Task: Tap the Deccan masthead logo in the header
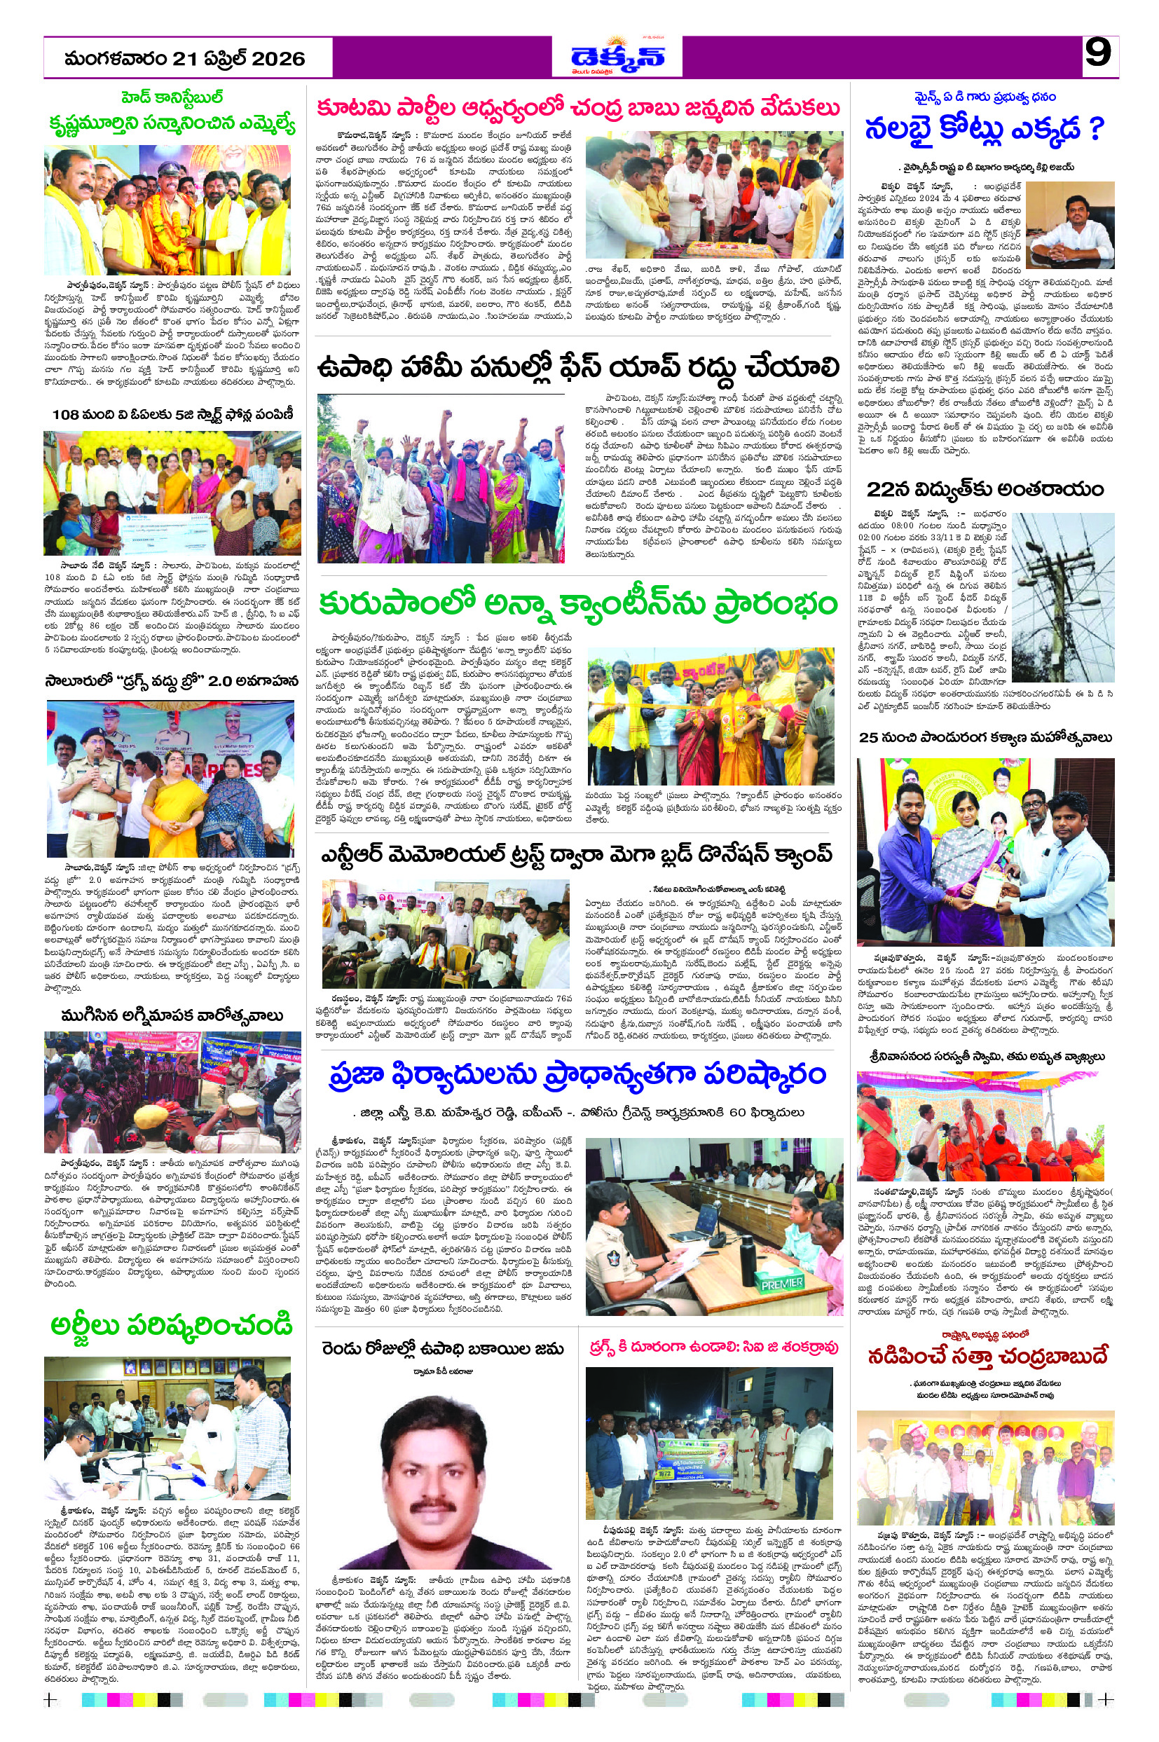(x=617, y=56)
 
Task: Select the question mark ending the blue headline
(x=1096, y=130)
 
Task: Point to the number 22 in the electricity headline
(x=880, y=489)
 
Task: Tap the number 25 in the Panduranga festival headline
(x=867, y=738)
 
